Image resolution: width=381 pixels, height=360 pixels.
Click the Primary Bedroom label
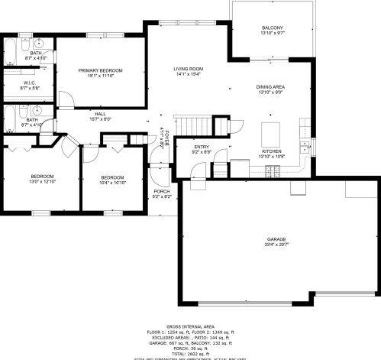point(100,70)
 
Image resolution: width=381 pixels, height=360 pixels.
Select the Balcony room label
point(273,28)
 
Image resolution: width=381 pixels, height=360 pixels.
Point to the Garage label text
point(276,239)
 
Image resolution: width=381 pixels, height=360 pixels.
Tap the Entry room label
point(202,147)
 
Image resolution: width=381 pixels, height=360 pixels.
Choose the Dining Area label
point(270,87)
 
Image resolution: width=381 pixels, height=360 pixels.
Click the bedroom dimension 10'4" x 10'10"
point(112,183)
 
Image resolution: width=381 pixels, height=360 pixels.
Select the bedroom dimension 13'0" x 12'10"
point(42,182)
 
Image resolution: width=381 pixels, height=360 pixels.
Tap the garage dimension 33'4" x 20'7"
point(276,245)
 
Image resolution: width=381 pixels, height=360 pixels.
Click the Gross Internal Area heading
point(189,326)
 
